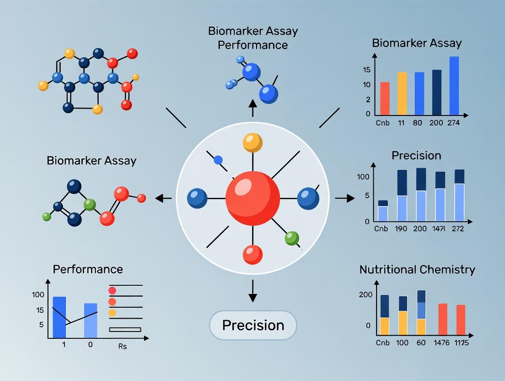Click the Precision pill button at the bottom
[253, 325]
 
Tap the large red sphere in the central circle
[252, 198]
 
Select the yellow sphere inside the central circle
[252, 142]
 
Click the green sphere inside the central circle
[291, 238]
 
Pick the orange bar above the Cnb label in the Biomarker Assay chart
[385, 98]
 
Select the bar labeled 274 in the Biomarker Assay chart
[454, 86]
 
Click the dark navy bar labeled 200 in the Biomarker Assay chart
[437, 92]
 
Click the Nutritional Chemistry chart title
[417, 269]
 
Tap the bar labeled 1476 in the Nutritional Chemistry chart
[443, 319]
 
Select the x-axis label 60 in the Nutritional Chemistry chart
[421, 343]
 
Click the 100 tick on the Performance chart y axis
[38, 295]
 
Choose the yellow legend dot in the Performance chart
[112, 312]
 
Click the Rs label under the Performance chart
[122, 346]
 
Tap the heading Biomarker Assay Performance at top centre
[253, 38]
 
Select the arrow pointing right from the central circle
[345, 198]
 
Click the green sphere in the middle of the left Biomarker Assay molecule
[90, 204]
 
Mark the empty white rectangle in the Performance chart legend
[125, 329]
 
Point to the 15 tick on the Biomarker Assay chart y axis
[366, 70]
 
